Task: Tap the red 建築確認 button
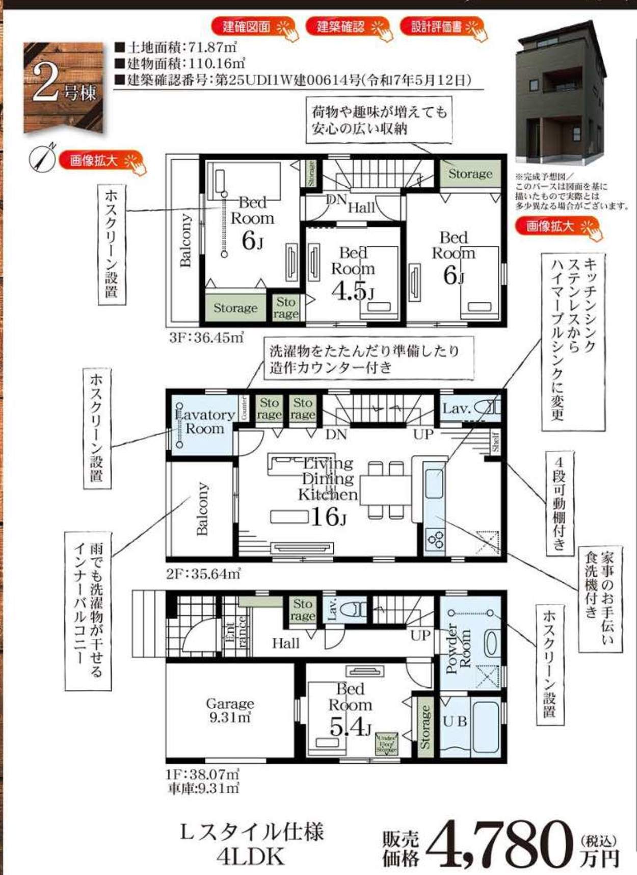point(347,27)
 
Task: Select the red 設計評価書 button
point(441,27)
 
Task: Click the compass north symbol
point(42,158)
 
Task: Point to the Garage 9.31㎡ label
point(229,710)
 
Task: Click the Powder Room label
point(458,648)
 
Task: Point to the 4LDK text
point(251,857)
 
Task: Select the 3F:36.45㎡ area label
point(205,338)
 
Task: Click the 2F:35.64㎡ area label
point(203,574)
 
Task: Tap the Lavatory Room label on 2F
point(205,422)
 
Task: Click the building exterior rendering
point(561,94)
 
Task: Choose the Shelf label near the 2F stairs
point(495,442)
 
